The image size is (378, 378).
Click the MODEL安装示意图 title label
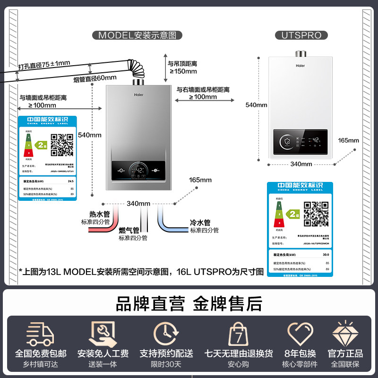[140, 35]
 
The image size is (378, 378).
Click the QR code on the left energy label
[62, 145]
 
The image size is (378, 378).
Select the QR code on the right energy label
[316, 214]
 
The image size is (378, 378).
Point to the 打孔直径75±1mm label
[43, 64]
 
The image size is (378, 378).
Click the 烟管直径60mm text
[94, 78]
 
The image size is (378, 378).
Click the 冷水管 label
[200, 223]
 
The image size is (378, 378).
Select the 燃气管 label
[129, 231]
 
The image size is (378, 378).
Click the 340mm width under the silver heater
[138, 203]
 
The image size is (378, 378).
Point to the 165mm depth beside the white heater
[348, 140]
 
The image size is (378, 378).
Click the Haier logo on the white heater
[300, 67]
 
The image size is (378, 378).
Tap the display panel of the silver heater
[138, 169]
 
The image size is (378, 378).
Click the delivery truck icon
[41, 334]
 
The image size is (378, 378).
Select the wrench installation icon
[103, 334]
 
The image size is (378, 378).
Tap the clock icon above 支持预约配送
[166, 334]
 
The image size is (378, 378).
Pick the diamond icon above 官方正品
[344, 334]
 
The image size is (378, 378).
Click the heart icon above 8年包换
[300, 334]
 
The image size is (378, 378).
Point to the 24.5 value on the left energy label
[71, 181]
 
